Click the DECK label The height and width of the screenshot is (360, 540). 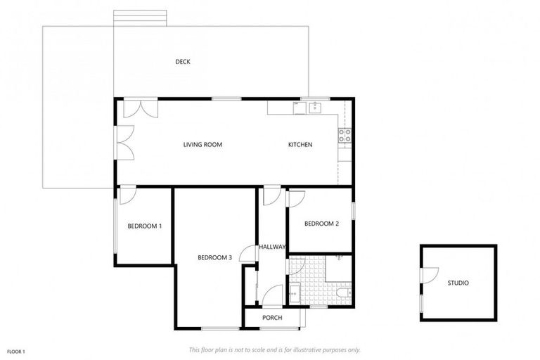[183, 62]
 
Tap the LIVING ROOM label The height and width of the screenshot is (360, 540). [202, 145]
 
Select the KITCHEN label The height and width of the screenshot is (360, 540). [300, 145]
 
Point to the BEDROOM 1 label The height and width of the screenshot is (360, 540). [145, 226]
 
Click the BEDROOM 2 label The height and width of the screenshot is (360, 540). [321, 224]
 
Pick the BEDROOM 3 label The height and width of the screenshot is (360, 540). [214, 257]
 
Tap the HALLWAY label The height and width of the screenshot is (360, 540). [272, 247]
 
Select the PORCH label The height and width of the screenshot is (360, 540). [272, 318]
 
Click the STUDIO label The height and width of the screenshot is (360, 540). [458, 283]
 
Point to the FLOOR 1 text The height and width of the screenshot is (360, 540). [16, 351]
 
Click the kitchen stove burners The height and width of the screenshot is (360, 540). [345, 135]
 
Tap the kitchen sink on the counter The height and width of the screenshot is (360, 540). [315, 107]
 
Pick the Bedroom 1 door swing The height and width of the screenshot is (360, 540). [127, 195]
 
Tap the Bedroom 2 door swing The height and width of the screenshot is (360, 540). [295, 198]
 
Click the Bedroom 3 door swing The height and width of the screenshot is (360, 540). [247, 254]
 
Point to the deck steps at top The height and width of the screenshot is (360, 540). [140, 18]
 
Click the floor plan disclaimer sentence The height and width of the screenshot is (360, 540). [275, 349]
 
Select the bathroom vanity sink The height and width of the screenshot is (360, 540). [295, 292]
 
